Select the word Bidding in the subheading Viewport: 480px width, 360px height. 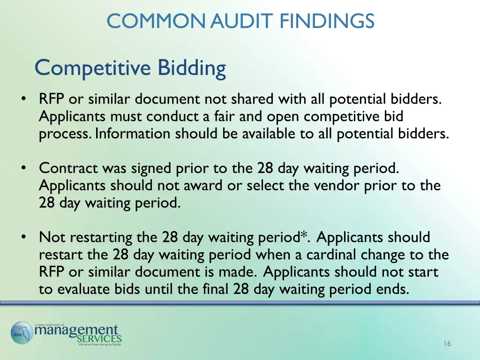point(192,68)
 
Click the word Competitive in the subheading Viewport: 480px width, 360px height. point(94,68)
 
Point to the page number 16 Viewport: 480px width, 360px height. point(447,344)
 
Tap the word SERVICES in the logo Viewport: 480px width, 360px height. point(99,338)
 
